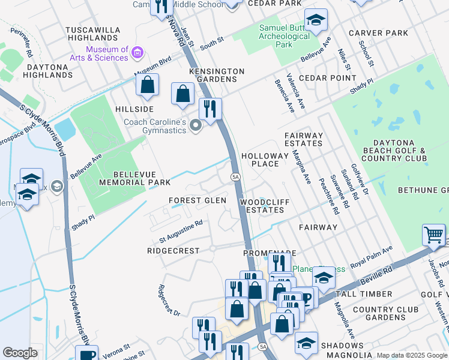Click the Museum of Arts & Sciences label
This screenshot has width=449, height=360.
107,53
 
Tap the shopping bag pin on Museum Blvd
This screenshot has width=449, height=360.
147,86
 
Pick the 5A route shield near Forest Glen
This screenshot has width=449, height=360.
236,176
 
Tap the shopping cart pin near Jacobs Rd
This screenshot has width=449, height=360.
433,235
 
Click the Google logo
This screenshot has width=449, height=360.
20,353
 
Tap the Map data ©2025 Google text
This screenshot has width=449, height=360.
412,355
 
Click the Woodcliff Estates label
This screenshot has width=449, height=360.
262,206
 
